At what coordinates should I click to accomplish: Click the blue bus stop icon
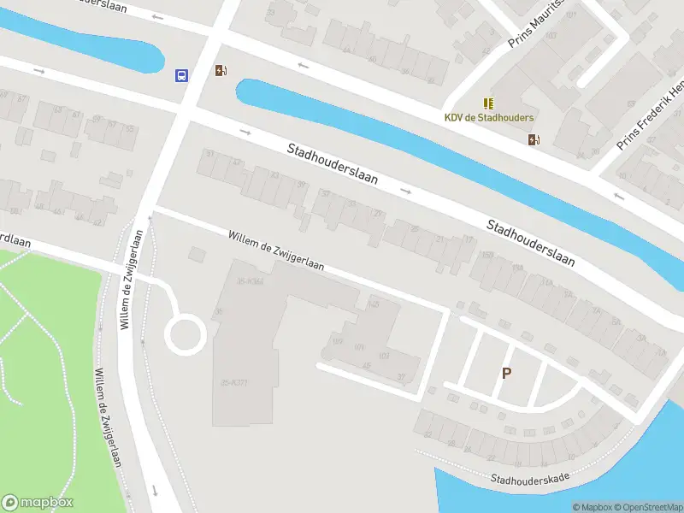(181, 75)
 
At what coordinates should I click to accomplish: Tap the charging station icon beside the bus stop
(221, 71)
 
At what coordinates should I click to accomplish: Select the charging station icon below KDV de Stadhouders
(534, 139)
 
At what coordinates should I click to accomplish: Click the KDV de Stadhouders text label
(488, 117)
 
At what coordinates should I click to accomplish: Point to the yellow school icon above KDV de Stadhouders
(488, 103)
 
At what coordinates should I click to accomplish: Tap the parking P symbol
(506, 373)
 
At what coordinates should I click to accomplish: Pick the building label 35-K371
(233, 383)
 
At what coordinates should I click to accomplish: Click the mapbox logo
(38, 503)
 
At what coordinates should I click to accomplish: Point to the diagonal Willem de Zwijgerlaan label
(275, 251)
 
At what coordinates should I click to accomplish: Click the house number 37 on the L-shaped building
(401, 377)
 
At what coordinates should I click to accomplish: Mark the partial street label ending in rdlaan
(15, 242)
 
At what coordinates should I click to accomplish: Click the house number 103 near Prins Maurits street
(550, 35)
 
